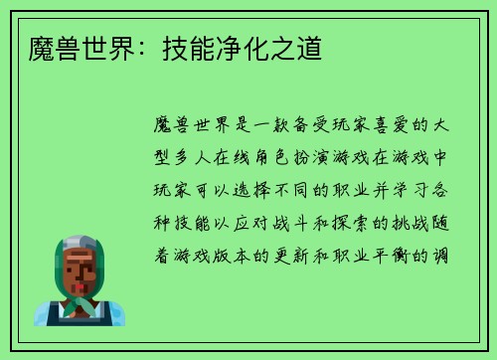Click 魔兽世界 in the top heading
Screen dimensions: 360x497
[71, 47]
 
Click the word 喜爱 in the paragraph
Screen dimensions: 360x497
[362, 126]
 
